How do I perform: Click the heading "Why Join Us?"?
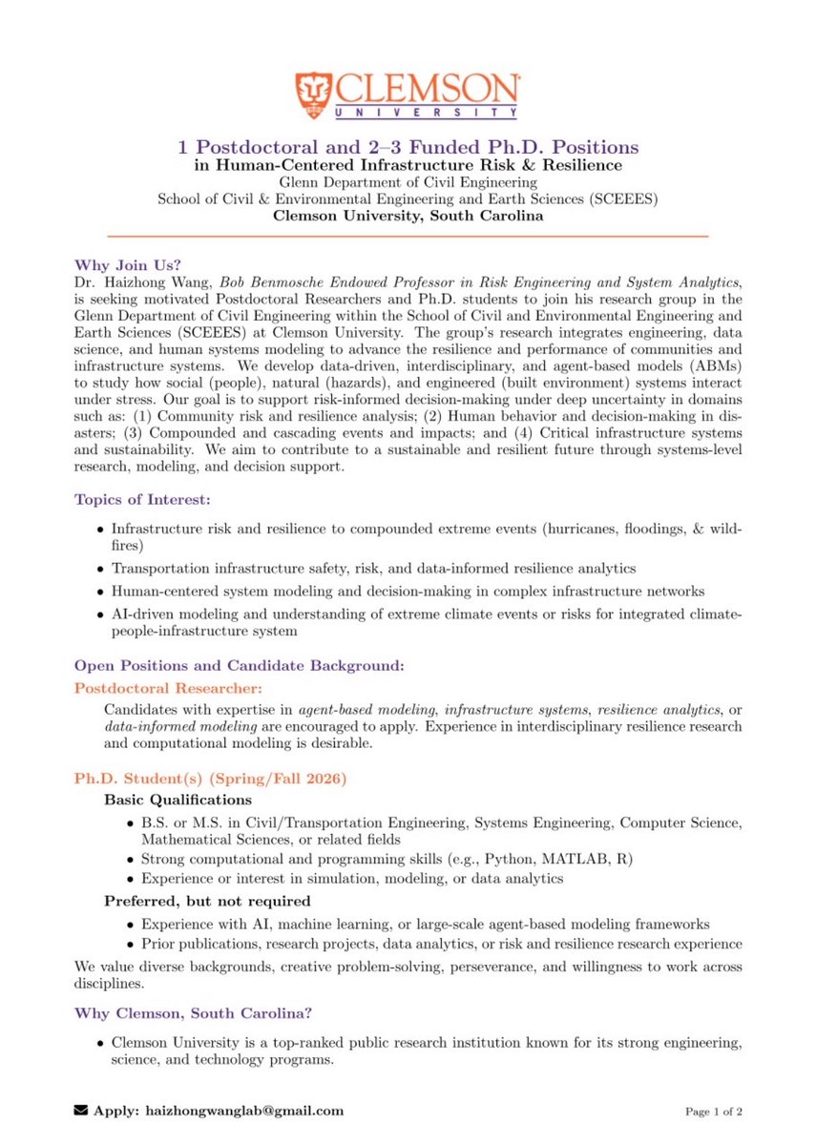pos(115,265)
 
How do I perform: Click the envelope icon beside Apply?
pos(81,1111)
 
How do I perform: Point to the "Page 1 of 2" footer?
pos(714,1112)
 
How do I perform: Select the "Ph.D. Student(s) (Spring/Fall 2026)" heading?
pos(210,779)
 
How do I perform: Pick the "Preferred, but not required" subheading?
pos(207,901)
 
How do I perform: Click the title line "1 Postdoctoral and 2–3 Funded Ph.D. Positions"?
pos(408,148)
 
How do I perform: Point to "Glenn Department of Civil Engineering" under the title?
pos(408,181)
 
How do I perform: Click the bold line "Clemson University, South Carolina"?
pos(408,216)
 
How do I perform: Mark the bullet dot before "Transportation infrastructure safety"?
pos(102,569)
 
